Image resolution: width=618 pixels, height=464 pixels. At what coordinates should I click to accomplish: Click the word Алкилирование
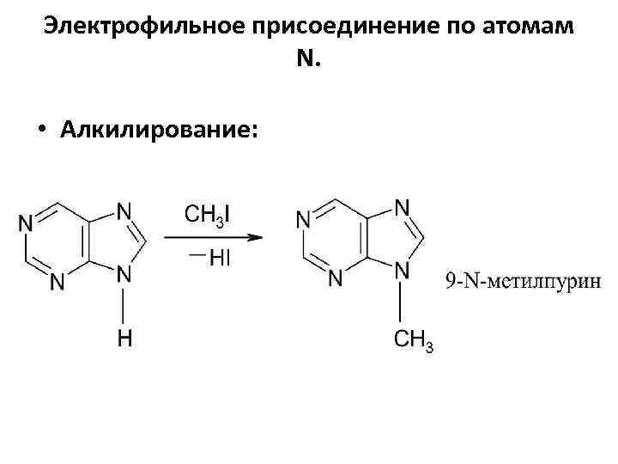(158, 129)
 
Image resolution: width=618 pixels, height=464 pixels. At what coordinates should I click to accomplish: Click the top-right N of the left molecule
(124, 209)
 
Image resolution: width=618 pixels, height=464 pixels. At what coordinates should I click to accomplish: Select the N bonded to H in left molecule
(124, 275)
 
